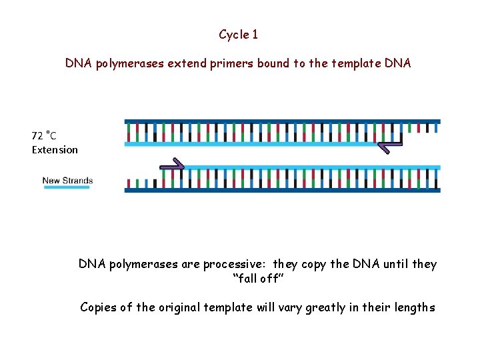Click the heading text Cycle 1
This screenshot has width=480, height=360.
(238, 34)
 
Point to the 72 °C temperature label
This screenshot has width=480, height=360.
(44, 135)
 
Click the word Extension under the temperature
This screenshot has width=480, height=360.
(55, 149)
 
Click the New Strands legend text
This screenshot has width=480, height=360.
(67, 180)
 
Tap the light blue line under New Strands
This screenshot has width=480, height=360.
(67, 187)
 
